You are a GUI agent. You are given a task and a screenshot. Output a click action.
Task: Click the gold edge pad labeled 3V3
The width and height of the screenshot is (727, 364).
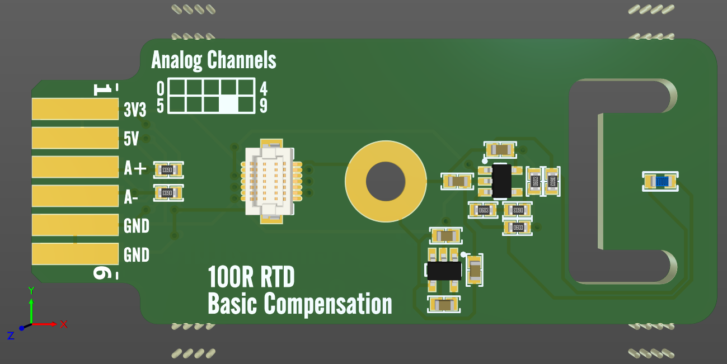click(76, 109)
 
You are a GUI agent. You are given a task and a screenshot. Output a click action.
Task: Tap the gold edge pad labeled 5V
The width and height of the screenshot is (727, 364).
click(76, 138)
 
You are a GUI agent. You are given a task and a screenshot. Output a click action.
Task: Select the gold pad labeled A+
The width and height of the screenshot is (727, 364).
click(76, 167)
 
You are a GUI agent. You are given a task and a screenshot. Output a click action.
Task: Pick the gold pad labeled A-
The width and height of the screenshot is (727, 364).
click(76, 196)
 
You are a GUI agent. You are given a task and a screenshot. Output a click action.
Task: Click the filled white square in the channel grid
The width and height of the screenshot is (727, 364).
click(229, 104)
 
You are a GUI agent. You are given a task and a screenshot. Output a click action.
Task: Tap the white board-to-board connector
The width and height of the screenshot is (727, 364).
click(271, 181)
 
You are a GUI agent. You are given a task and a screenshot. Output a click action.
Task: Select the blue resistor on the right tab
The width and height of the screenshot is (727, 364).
click(662, 182)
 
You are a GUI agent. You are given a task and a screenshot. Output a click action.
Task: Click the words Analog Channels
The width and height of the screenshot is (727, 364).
click(214, 60)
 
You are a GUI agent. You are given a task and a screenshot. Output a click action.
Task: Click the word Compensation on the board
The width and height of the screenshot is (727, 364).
click(328, 305)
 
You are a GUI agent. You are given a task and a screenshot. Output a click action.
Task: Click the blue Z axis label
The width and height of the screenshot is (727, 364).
click(11, 335)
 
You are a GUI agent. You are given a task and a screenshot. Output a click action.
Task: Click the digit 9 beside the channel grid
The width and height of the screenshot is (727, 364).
click(264, 105)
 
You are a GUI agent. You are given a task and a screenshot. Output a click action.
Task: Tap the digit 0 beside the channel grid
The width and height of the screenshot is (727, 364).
click(160, 88)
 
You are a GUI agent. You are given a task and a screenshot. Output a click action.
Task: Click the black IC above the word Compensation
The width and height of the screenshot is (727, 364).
click(444, 271)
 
